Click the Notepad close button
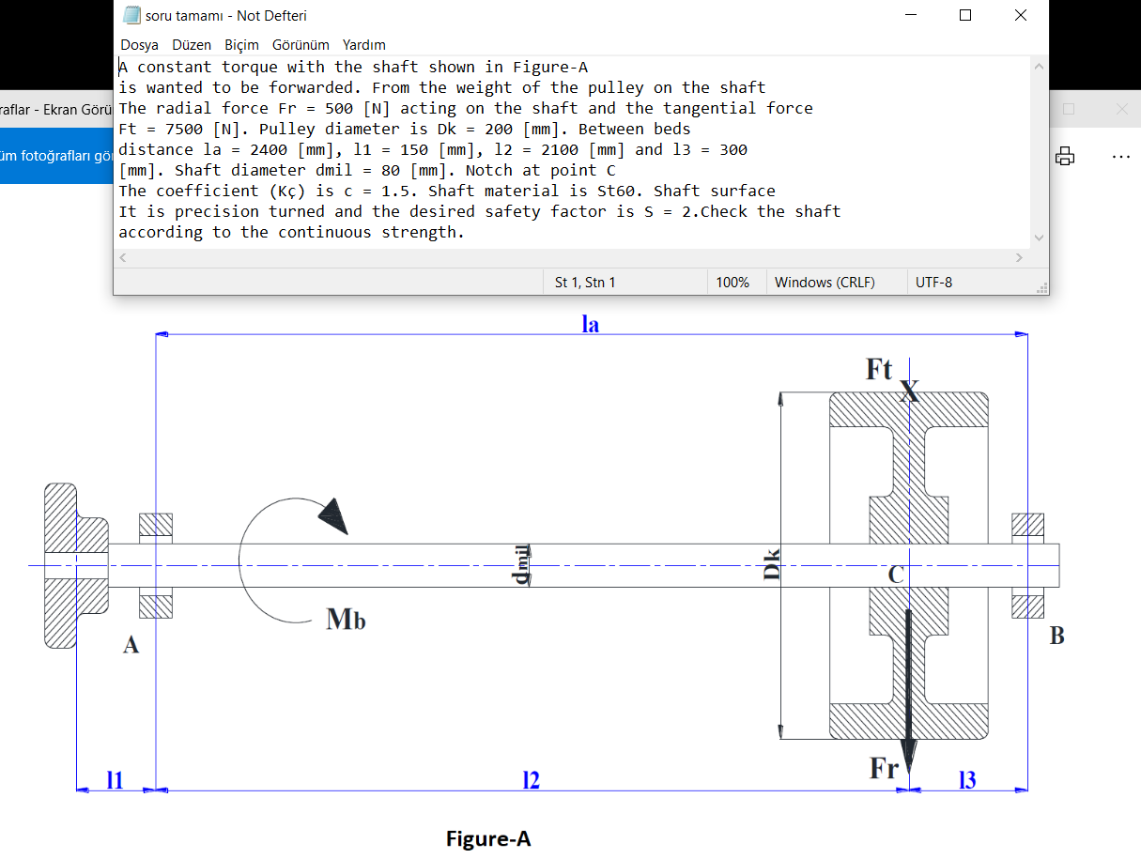coord(1021,16)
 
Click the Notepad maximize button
coord(965,16)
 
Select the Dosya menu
coord(139,45)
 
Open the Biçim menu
coord(241,45)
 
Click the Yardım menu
coord(363,45)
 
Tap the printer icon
coord(1065,156)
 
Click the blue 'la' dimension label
coord(590,324)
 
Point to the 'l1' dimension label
coord(115,780)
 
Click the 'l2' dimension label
coord(532,780)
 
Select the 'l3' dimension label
coord(967,780)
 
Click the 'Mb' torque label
coord(346,619)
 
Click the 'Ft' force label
coord(879,369)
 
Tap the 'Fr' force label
coord(885,768)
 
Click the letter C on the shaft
coord(896,575)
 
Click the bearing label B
coord(1056,636)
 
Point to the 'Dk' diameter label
coord(772,564)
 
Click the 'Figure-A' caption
coord(488,838)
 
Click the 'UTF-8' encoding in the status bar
coord(933,283)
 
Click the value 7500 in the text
coord(184,129)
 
